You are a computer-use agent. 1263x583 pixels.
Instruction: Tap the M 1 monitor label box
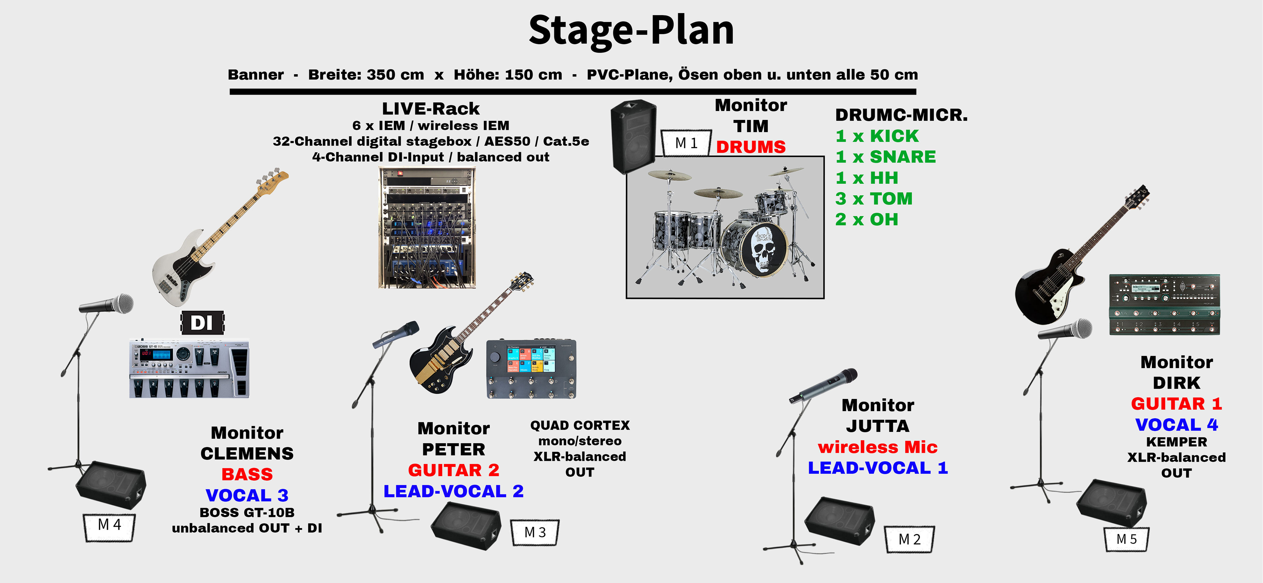tap(686, 143)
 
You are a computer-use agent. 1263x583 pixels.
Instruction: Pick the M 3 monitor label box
tap(535, 532)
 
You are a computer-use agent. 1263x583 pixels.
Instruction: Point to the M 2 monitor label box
tap(909, 539)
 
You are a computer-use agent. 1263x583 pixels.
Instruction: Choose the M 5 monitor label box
tap(1126, 539)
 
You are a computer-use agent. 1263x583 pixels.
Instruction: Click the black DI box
tap(202, 323)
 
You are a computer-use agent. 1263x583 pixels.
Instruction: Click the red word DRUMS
tap(751, 147)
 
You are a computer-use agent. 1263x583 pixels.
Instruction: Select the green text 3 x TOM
tap(874, 198)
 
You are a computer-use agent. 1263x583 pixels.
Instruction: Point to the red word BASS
tap(247, 474)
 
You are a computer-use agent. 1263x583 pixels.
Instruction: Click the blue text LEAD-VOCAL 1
tap(878, 468)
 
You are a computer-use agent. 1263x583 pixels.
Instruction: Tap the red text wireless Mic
tap(878, 447)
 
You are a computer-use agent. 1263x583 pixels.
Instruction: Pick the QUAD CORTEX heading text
tap(580, 425)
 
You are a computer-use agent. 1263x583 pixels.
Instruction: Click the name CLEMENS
tap(247, 454)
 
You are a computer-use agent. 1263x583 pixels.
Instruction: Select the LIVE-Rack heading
tap(431, 108)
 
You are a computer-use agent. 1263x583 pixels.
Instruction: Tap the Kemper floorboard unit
tap(1164, 305)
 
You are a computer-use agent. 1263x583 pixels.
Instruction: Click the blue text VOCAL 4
tap(1176, 425)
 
